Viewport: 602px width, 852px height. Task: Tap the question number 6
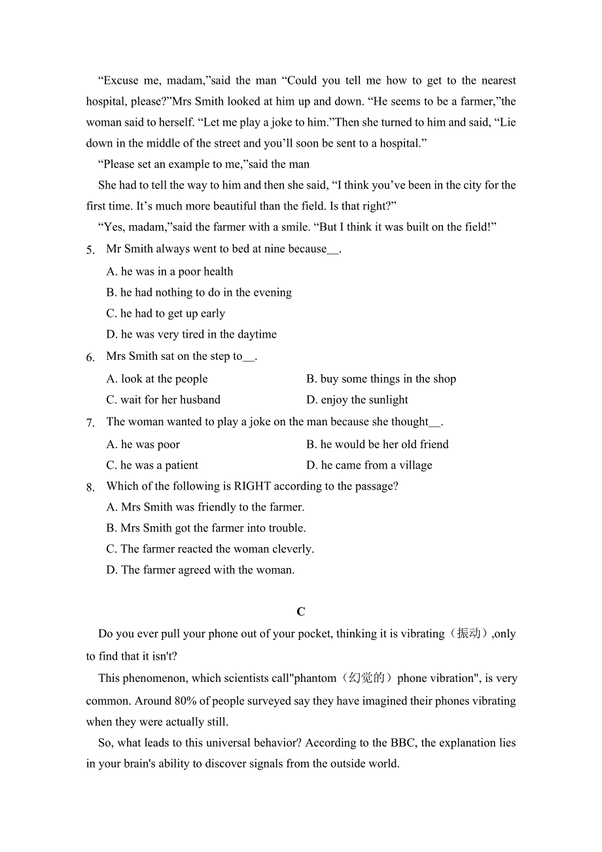pyautogui.click(x=90, y=358)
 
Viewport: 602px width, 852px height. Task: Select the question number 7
pyautogui.click(x=90, y=423)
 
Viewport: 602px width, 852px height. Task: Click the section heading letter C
pyautogui.click(x=301, y=612)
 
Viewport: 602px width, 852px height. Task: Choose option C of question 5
pyautogui.click(x=166, y=313)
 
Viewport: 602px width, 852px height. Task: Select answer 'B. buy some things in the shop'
pyautogui.click(x=381, y=379)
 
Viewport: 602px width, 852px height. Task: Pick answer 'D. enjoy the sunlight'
pyautogui.click(x=357, y=400)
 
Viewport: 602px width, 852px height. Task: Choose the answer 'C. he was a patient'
pyautogui.click(x=152, y=465)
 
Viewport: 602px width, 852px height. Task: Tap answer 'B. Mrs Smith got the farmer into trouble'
pyautogui.click(x=206, y=528)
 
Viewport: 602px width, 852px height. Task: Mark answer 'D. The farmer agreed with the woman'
pyautogui.click(x=200, y=570)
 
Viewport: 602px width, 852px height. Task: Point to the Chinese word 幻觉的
pyautogui.click(x=366, y=679)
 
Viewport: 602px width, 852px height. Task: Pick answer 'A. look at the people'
pyautogui.click(x=157, y=379)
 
